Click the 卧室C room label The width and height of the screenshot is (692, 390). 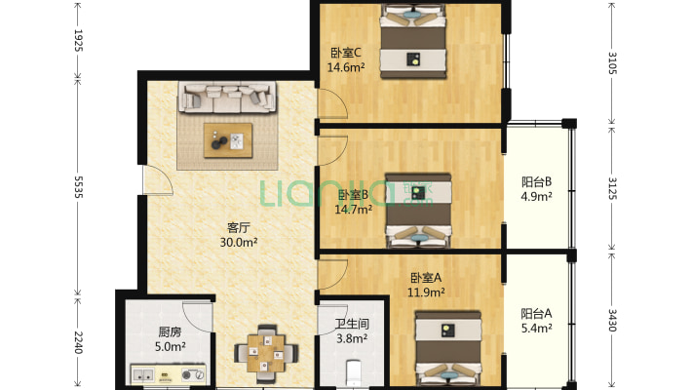[x=346, y=53]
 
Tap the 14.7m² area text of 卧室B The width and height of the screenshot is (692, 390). [x=353, y=209]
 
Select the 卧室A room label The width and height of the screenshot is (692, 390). [x=426, y=278]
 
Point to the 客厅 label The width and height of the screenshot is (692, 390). [x=239, y=228]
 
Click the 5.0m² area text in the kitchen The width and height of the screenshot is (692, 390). [x=170, y=347]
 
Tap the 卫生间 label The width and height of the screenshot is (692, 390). [x=352, y=325]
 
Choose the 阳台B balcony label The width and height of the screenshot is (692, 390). [x=536, y=181]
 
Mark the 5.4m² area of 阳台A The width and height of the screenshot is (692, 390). [x=536, y=329]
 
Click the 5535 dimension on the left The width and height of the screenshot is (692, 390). [x=78, y=187]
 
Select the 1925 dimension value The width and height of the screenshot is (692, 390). [x=78, y=40]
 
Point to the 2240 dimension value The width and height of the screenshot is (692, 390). [x=78, y=342]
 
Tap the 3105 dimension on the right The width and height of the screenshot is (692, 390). [x=612, y=62]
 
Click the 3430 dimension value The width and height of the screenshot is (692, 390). [x=612, y=320]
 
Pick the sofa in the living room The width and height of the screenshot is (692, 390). [x=227, y=97]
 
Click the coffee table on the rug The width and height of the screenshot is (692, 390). [x=228, y=140]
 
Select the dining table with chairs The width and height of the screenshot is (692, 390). [x=266, y=353]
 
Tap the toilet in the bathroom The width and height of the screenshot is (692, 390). [x=353, y=374]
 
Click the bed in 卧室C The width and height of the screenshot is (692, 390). [x=413, y=42]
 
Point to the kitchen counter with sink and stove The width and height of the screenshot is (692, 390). [x=169, y=374]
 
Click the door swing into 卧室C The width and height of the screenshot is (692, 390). [x=332, y=103]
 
